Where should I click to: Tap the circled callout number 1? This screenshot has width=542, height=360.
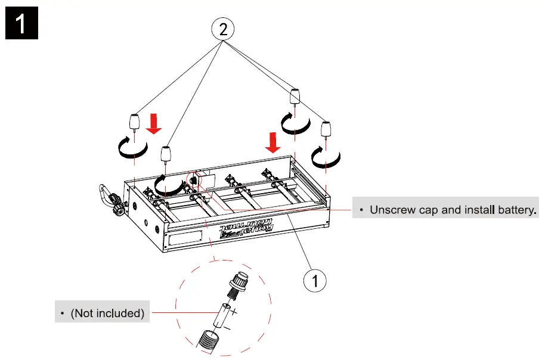tap(316, 280)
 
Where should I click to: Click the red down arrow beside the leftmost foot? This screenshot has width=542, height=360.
tap(154, 124)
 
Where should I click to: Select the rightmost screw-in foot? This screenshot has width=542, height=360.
tap(326, 130)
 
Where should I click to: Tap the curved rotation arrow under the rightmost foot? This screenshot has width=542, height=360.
tap(326, 157)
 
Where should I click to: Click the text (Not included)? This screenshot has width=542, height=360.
tap(107, 313)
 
